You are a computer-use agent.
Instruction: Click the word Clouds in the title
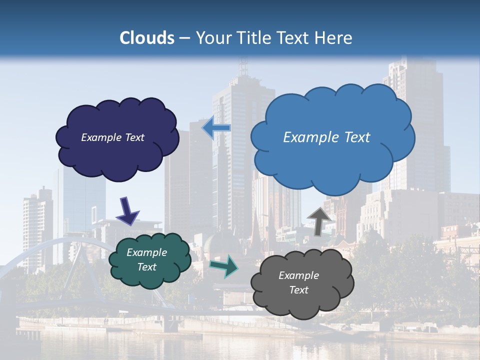[147, 37]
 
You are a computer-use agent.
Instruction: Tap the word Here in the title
[335, 37]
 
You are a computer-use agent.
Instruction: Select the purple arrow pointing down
[127, 210]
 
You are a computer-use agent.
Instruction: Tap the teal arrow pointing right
[224, 266]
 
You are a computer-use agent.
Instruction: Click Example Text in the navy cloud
[112, 137]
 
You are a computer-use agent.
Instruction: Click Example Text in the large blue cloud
[326, 137]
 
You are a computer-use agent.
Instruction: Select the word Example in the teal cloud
[146, 252]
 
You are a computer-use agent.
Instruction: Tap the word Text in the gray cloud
[298, 290]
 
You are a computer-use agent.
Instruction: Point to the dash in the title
[184, 38]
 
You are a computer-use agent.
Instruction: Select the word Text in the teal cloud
[146, 267]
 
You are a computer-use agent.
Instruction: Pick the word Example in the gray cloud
[298, 275]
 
